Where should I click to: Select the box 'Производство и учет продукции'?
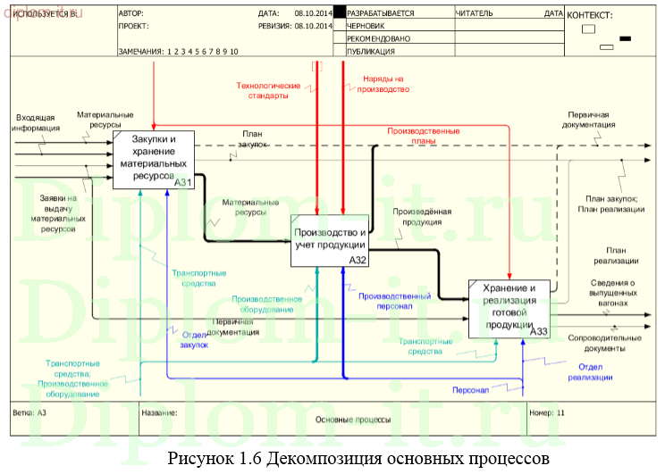coord(330,240)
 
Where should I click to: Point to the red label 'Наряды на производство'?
coord(385,85)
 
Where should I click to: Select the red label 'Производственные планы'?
coord(423,136)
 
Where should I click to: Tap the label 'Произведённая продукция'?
coord(422,217)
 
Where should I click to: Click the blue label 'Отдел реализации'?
coord(590,372)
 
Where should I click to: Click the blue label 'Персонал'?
coord(470,390)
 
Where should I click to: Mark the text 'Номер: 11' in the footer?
coord(547,413)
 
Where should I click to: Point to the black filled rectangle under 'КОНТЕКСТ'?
coord(625,37)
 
